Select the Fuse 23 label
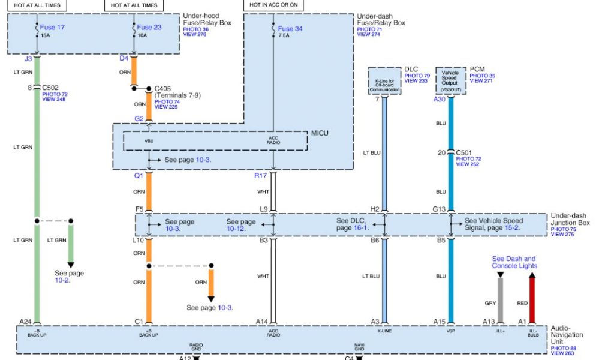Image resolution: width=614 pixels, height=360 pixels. click(x=149, y=27)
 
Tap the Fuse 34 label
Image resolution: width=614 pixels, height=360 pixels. click(x=290, y=28)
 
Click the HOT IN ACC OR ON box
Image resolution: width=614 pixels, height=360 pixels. click(x=273, y=5)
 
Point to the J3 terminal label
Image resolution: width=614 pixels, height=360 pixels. click(x=28, y=59)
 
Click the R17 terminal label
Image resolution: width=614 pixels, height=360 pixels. click(x=260, y=176)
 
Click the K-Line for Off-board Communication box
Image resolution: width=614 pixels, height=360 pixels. click(x=384, y=80)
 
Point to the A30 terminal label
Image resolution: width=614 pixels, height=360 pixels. click(x=440, y=100)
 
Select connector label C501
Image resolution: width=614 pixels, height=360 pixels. click(x=465, y=152)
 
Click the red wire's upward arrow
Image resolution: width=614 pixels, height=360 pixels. click(x=531, y=276)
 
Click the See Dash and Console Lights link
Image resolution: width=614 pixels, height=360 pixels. click(x=514, y=262)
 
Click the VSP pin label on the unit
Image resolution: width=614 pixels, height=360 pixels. click(x=450, y=331)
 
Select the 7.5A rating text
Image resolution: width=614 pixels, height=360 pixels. click(x=284, y=36)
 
